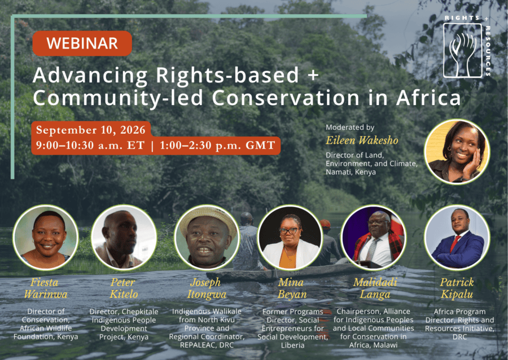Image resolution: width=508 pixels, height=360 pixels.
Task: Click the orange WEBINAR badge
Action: click(82, 43)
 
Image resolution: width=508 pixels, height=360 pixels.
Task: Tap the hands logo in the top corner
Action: click(463, 51)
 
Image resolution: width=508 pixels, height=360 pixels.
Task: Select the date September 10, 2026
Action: click(91, 130)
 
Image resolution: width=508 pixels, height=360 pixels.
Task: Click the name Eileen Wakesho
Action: click(362, 141)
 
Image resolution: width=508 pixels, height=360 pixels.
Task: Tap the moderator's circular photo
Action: click(457, 152)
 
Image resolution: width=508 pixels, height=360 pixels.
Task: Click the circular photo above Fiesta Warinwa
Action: click(45, 238)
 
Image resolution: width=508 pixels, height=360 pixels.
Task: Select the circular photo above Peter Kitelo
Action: click(124, 238)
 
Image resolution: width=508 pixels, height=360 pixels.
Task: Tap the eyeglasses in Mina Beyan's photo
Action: click(289, 231)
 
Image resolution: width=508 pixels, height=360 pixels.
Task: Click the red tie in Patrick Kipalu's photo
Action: click(455, 243)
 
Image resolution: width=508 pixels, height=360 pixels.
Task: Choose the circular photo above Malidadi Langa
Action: click(374, 238)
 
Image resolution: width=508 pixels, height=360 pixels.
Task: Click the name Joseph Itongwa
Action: click(207, 288)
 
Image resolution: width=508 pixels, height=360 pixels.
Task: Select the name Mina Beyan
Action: click(292, 288)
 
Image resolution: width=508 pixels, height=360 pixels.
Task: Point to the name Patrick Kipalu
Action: click(457, 288)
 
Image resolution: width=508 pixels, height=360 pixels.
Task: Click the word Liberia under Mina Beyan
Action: click(292, 345)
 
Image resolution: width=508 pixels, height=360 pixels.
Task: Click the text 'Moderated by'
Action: click(350, 128)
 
